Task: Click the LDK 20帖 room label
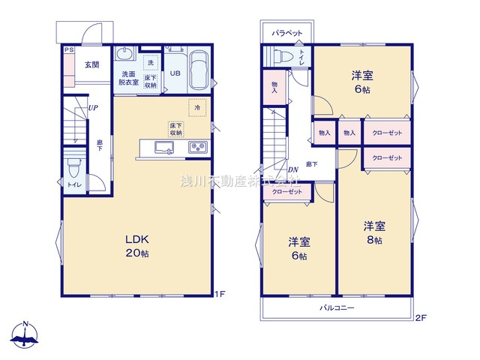(137, 245)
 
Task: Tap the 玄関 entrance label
(91, 64)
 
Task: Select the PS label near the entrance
(68, 50)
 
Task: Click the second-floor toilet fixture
(283, 56)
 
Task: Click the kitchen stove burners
(198, 147)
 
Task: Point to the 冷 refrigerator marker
(197, 108)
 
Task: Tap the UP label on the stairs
(92, 108)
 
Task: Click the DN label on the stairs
(292, 169)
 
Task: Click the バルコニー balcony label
(337, 308)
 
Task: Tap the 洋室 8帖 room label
(374, 232)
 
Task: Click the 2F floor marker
(421, 317)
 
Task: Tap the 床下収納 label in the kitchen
(176, 128)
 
